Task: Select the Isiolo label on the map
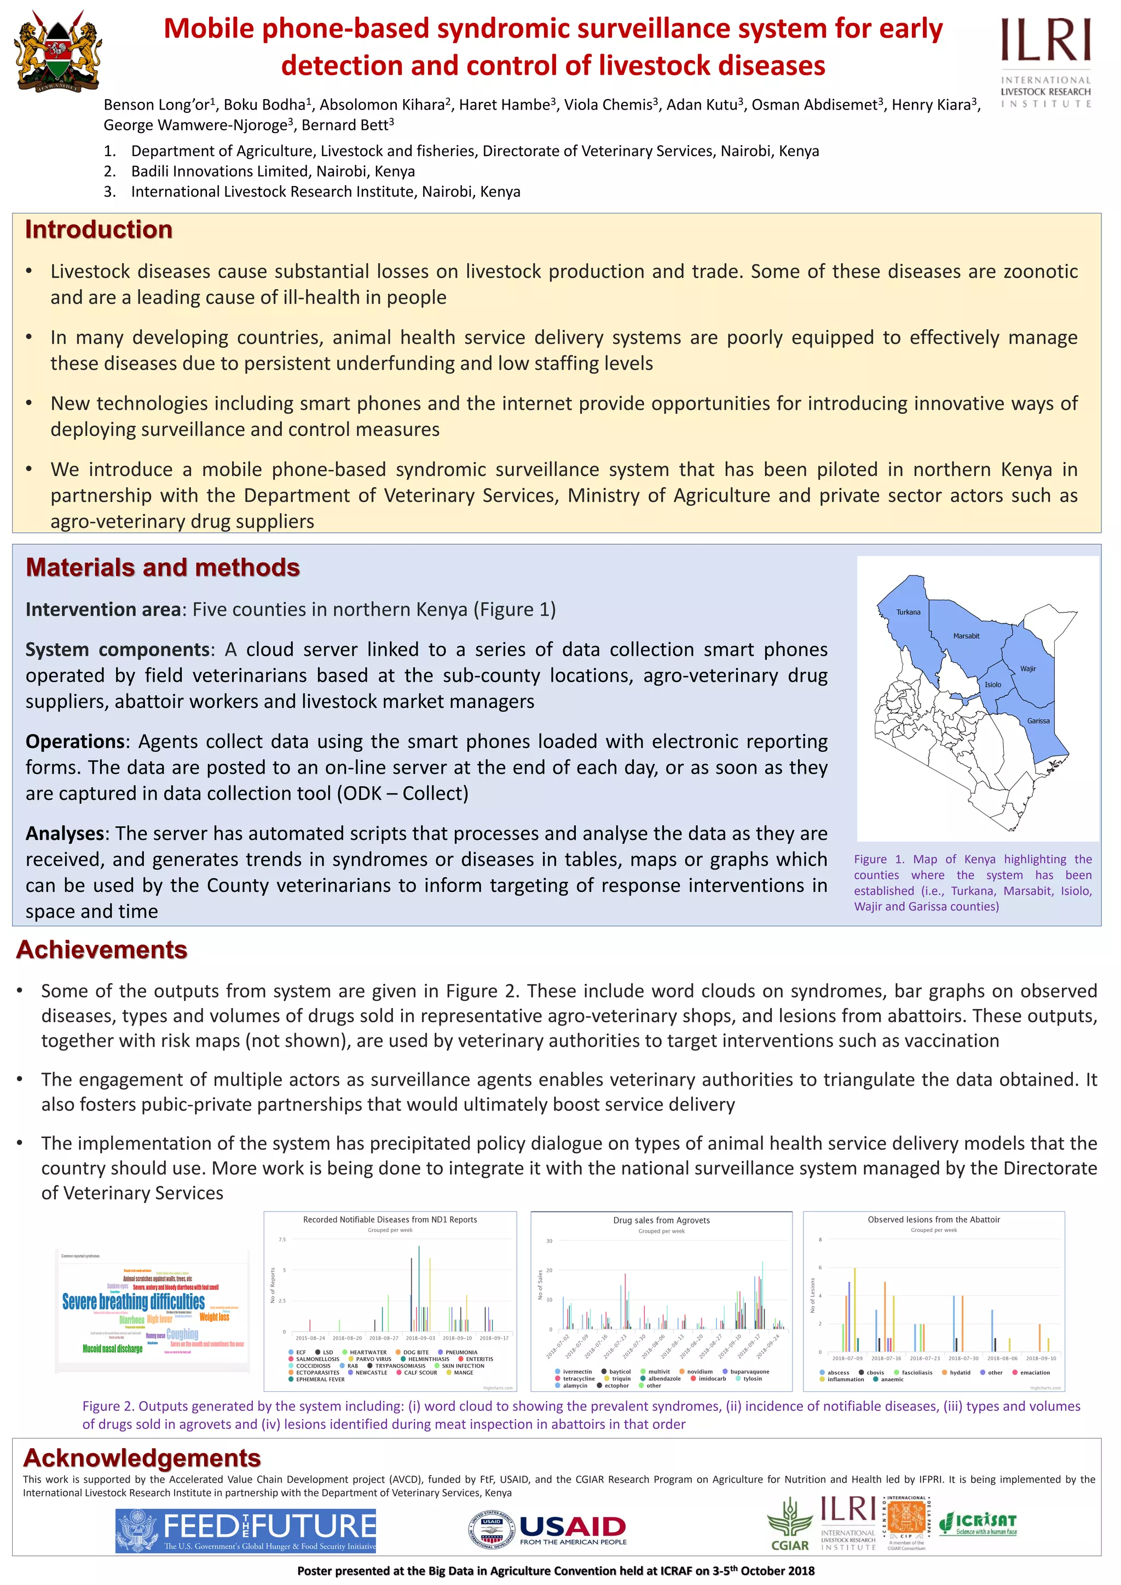tap(992, 684)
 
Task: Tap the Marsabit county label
tap(966, 636)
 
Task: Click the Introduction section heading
tap(99, 229)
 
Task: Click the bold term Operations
tap(75, 741)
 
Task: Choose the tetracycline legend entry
tap(578, 1379)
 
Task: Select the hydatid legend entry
tap(960, 1373)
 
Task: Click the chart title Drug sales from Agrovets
tap(661, 1220)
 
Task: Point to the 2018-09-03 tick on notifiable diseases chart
tap(420, 1338)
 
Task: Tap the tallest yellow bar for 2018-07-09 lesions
tap(854, 1310)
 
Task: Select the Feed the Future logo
tap(246, 1530)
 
